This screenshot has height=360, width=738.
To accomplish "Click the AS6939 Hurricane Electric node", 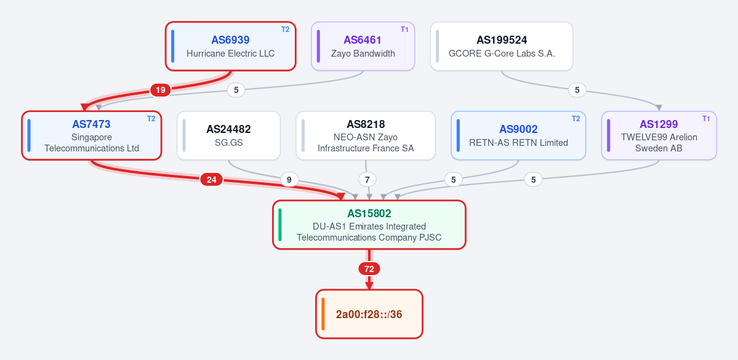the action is [231, 46].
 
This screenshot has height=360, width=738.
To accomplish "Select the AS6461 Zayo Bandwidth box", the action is [363, 46].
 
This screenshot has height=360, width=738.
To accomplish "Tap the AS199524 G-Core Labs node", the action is [502, 46].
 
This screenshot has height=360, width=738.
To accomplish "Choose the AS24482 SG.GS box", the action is [229, 135].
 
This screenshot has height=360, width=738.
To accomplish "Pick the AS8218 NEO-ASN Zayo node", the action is [366, 135].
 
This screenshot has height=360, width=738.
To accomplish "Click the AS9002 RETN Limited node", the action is [518, 135].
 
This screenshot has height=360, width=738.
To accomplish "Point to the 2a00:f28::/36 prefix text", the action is [369, 314].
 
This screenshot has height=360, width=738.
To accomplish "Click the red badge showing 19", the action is [161, 90].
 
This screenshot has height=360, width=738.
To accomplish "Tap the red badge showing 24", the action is [211, 179].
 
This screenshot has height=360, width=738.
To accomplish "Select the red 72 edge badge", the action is [369, 269].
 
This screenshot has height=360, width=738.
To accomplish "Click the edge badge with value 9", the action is [289, 179].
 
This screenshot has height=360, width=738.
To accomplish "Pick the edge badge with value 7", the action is [367, 179].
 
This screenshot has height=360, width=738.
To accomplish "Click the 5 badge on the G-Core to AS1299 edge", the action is [577, 90].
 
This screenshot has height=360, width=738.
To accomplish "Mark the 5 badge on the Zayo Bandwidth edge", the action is [236, 90].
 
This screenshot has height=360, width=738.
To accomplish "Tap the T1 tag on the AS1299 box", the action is [706, 119].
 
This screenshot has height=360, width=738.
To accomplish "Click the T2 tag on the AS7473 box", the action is [151, 119].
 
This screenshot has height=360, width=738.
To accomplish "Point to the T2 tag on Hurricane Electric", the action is [285, 29].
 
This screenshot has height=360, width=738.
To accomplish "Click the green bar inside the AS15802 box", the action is [280, 225].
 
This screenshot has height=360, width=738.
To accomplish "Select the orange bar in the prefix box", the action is [323, 314].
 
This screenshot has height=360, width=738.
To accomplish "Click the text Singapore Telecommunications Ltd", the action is [92, 143].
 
